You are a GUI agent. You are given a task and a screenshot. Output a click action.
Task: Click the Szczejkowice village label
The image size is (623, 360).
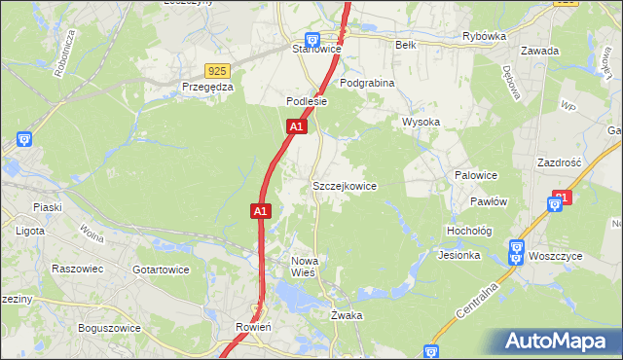[x=344, y=185]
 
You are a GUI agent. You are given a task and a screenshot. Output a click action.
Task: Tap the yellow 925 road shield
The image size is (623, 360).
[x=217, y=71]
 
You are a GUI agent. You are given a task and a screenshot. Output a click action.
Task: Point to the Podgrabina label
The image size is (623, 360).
[x=368, y=84]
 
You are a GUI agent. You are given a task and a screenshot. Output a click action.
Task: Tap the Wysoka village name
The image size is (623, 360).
[x=421, y=122]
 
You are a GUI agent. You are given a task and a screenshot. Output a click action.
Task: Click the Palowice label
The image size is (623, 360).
[x=476, y=175]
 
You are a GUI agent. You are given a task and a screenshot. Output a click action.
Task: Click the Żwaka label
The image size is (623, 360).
[x=347, y=315]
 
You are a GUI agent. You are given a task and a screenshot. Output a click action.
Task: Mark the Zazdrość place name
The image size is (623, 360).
[x=559, y=162]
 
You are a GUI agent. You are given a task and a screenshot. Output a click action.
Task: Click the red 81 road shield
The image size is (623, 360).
[x=560, y=198]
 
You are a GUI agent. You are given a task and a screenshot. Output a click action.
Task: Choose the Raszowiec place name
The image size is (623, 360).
[x=77, y=268]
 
